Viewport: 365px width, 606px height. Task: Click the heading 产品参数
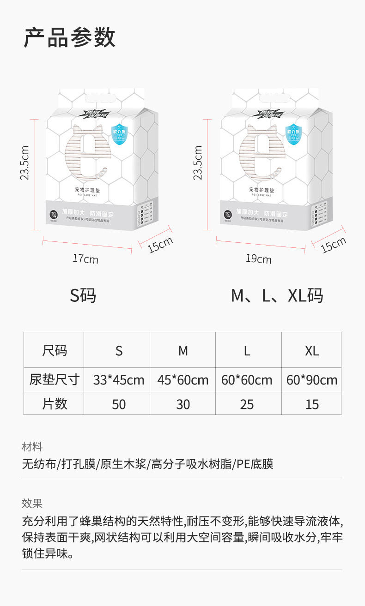(x=70, y=38)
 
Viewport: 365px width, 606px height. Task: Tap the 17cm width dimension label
(x=85, y=258)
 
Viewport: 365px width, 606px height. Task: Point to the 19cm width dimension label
(x=259, y=258)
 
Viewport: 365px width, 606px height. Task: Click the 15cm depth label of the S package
(x=160, y=245)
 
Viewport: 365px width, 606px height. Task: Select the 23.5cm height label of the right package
(x=198, y=162)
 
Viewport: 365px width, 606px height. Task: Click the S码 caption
(x=83, y=295)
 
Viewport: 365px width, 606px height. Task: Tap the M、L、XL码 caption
(x=277, y=295)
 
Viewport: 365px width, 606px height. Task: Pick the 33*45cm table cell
(x=119, y=380)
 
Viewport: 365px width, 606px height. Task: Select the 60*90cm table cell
(x=312, y=380)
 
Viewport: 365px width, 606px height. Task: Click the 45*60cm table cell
(x=183, y=380)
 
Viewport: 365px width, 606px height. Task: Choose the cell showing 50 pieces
(x=119, y=404)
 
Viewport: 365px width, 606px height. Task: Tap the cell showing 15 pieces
(x=312, y=404)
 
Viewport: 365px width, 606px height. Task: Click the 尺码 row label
(x=55, y=350)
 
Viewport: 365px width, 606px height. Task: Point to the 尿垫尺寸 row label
(x=55, y=380)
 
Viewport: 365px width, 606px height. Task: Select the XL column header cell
(x=312, y=351)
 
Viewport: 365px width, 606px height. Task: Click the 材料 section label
(x=32, y=447)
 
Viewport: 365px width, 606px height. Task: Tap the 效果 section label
(x=32, y=503)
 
